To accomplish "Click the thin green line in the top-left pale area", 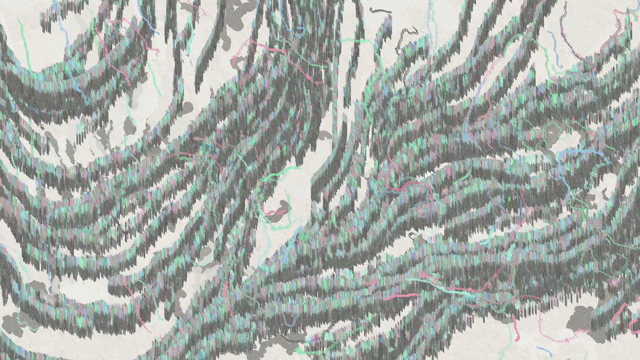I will [x=24, y=42].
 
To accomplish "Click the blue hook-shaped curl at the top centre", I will [x=299, y=30].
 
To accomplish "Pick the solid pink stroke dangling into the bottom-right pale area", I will [x=516, y=330].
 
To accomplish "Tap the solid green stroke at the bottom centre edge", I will [x=301, y=351].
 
